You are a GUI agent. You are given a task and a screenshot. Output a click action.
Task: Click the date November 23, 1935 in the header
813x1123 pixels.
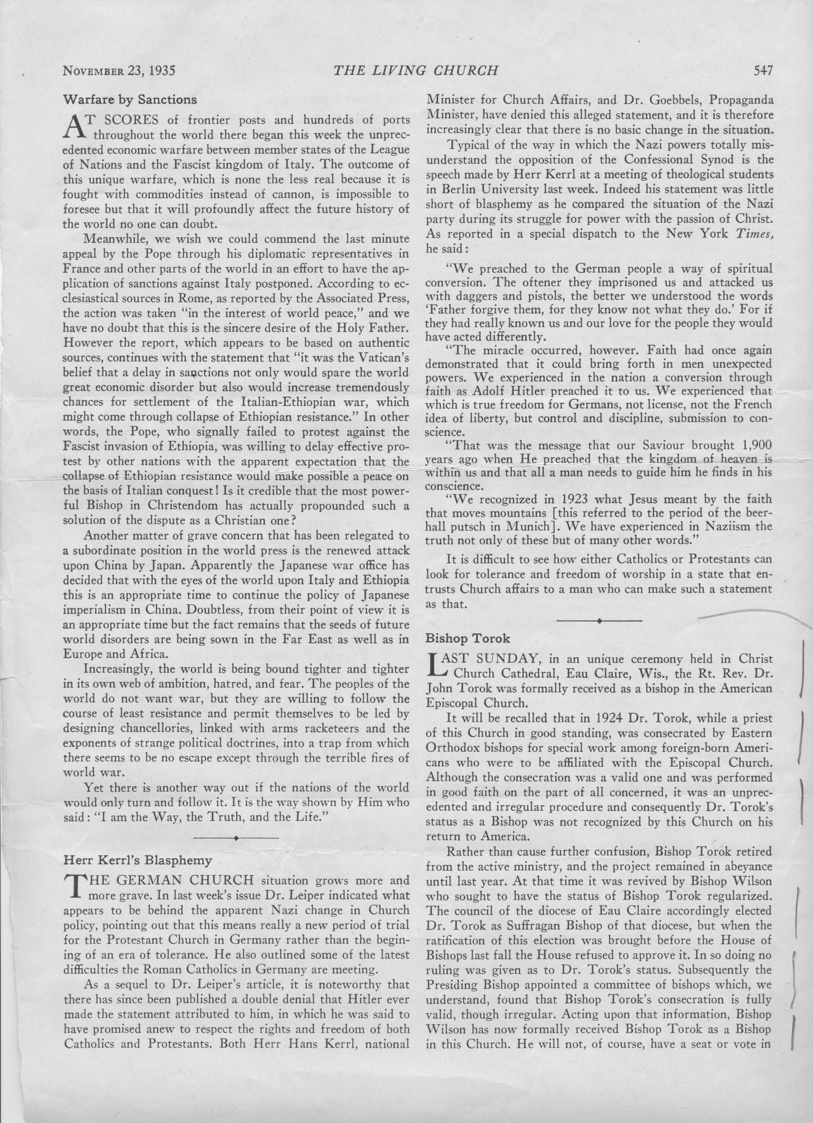[120, 70]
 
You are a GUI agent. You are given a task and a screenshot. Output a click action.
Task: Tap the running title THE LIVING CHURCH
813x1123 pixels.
[415, 70]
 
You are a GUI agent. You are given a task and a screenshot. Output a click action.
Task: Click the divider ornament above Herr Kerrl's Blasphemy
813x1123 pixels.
[236, 838]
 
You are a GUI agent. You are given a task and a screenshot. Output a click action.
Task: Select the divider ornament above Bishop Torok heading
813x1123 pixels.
[600, 621]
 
